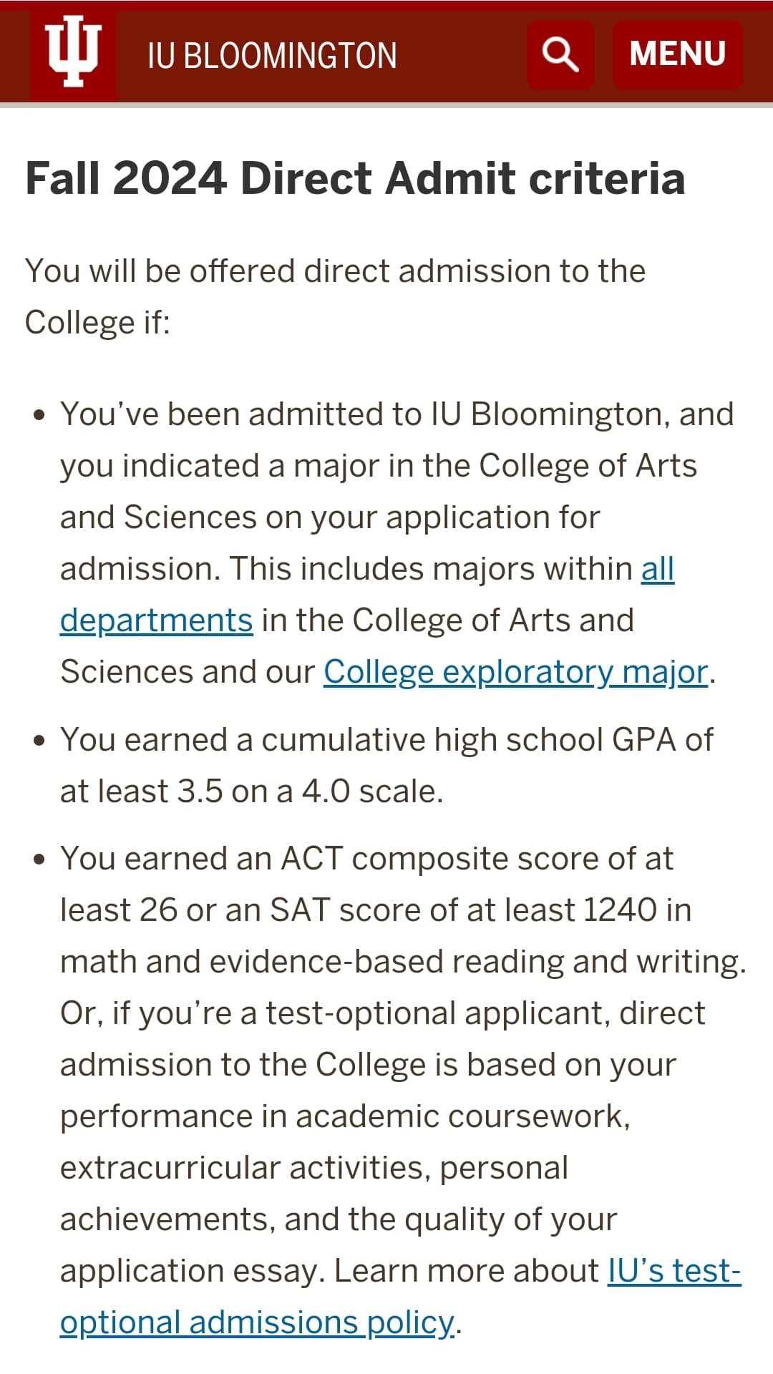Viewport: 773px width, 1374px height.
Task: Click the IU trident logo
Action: point(72,51)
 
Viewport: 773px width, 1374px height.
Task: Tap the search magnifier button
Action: point(560,54)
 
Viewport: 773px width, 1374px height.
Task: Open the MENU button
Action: point(677,54)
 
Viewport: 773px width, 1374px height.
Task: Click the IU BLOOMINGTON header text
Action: point(272,56)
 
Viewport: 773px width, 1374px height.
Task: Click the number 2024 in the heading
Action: point(170,178)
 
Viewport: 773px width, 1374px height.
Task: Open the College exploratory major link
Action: point(515,672)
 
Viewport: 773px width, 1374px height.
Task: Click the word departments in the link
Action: point(156,620)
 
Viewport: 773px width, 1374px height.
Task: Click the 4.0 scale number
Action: point(326,791)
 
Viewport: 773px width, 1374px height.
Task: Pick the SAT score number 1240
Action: point(621,910)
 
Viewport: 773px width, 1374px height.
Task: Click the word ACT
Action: point(312,859)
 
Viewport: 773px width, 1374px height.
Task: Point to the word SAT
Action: point(300,910)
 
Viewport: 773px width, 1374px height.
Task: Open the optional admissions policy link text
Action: point(257,1322)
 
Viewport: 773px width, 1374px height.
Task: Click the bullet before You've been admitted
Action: point(39,415)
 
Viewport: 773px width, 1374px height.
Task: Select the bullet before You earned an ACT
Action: point(39,859)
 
